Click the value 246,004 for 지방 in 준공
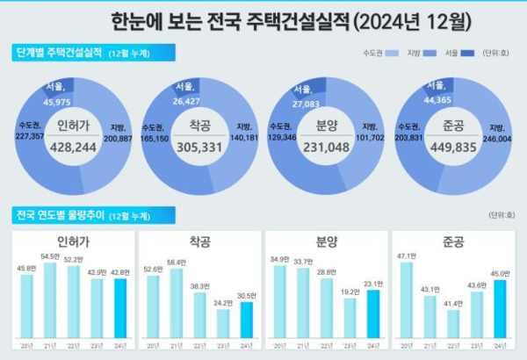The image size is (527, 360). coord(500,139)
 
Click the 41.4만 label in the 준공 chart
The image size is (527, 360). coord(453,303)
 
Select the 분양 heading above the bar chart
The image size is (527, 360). coord(326,241)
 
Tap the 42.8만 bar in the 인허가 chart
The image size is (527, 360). coord(120,308)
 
